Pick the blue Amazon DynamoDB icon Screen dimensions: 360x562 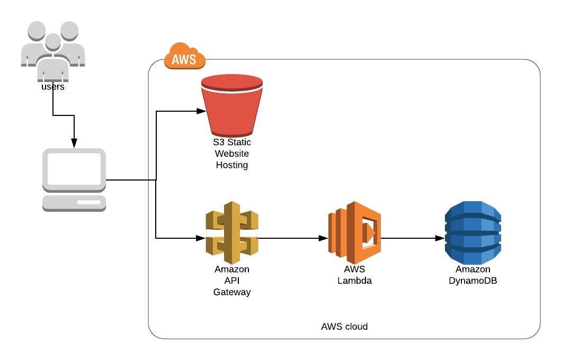click(472, 232)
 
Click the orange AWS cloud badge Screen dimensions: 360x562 click(184, 58)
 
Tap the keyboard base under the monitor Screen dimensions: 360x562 click(74, 203)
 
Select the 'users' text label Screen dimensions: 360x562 click(53, 87)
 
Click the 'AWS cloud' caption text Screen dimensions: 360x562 click(344, 327)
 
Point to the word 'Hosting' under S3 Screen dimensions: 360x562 click(232, 165)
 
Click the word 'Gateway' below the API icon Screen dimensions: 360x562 click(232, 292)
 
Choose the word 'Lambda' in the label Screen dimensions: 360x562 click(354, 281)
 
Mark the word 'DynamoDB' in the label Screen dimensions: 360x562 click(472, 281)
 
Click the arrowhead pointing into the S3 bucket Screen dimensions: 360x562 click(201, 111)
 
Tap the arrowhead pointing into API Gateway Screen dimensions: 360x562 click(201, 238)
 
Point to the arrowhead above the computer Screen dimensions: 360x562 click(74, 143)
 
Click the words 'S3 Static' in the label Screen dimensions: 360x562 click(232, 142)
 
